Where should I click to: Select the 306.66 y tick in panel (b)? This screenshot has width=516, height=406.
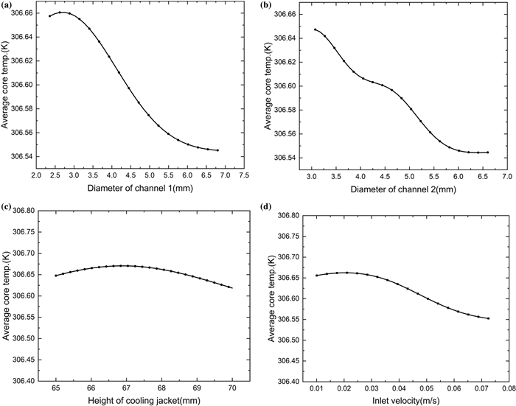click(x=286, y=14)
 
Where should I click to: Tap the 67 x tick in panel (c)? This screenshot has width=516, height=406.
click(x=126, y=388)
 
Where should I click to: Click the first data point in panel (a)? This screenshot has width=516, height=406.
click(x=49, y=15)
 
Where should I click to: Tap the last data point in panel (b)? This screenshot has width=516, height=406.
click(x=487, y=153)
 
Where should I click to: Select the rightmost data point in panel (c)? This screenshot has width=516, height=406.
click(x=231, y=287)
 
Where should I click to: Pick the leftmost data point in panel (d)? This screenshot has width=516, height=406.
click(x=316, y=275)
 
